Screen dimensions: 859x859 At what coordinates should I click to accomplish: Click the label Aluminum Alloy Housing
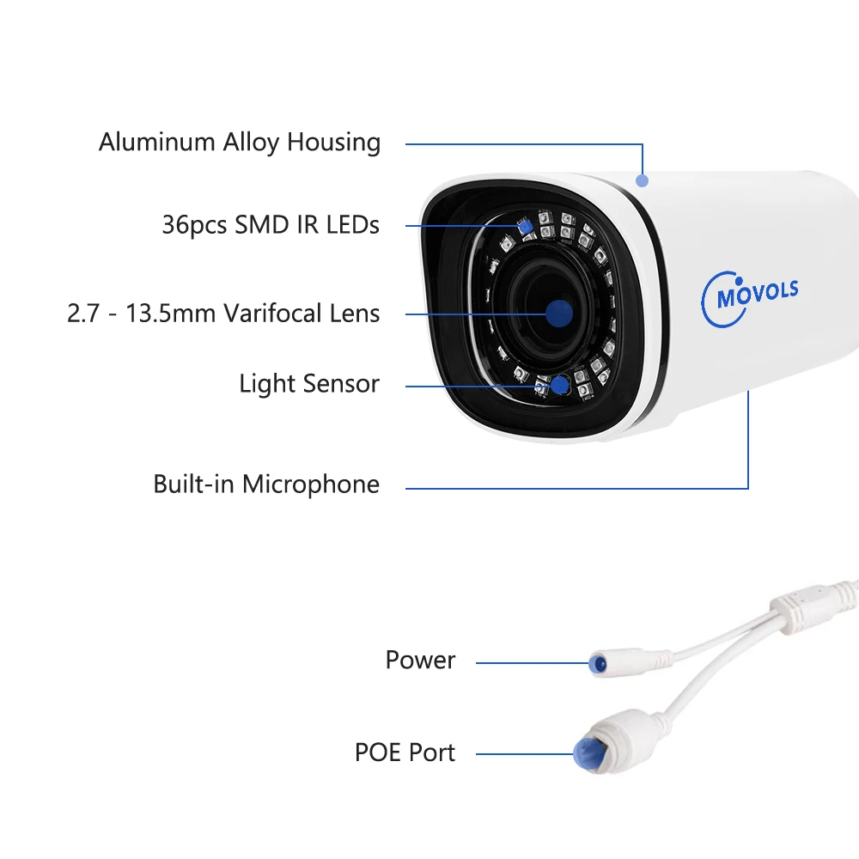(240, 142)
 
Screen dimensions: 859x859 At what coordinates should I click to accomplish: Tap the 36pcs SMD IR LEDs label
(271, 225)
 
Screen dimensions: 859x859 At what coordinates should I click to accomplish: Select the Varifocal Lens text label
(223, 313)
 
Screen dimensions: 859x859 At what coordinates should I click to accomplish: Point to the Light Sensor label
(309, 383)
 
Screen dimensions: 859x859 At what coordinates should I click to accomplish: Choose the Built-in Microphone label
(266, 484)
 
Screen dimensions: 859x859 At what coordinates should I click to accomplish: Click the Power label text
(420, 661)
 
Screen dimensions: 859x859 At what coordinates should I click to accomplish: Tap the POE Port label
(405, 752)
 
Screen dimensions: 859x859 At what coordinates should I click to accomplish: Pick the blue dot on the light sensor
(560, 384)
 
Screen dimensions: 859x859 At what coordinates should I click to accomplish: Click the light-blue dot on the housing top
(642, 180)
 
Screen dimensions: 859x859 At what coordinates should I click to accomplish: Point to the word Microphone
(310, 484)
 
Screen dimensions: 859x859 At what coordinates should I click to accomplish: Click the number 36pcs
(194, 225)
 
